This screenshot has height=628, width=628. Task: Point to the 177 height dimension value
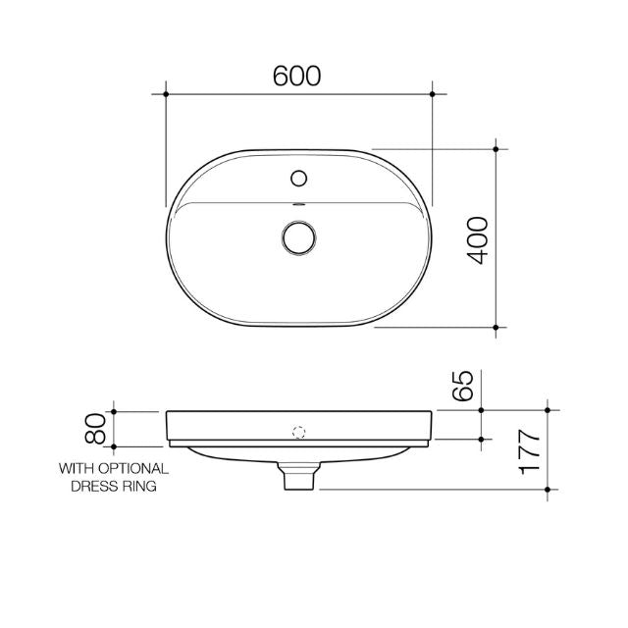pos(530,451)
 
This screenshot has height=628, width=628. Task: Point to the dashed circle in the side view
pos(299,430)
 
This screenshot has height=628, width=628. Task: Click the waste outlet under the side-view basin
pos(299,478)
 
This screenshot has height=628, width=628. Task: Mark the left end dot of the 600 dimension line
pos(167,94)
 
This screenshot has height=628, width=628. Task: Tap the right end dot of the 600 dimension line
pos(433,94)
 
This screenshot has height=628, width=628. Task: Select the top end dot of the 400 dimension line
pos(497,149)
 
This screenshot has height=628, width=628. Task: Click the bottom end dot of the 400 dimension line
pos(497,326)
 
